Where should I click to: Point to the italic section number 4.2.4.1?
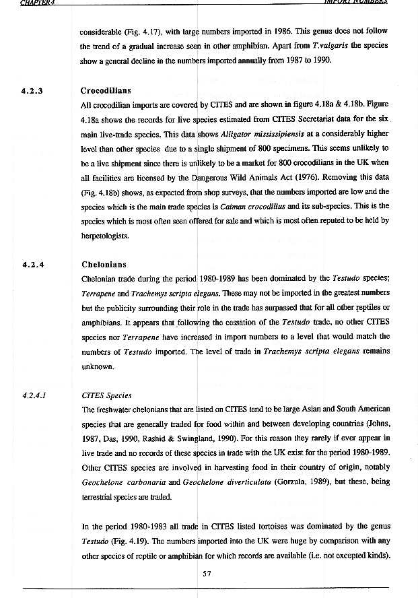pos(34,395)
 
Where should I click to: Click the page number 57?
pos(208,573)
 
